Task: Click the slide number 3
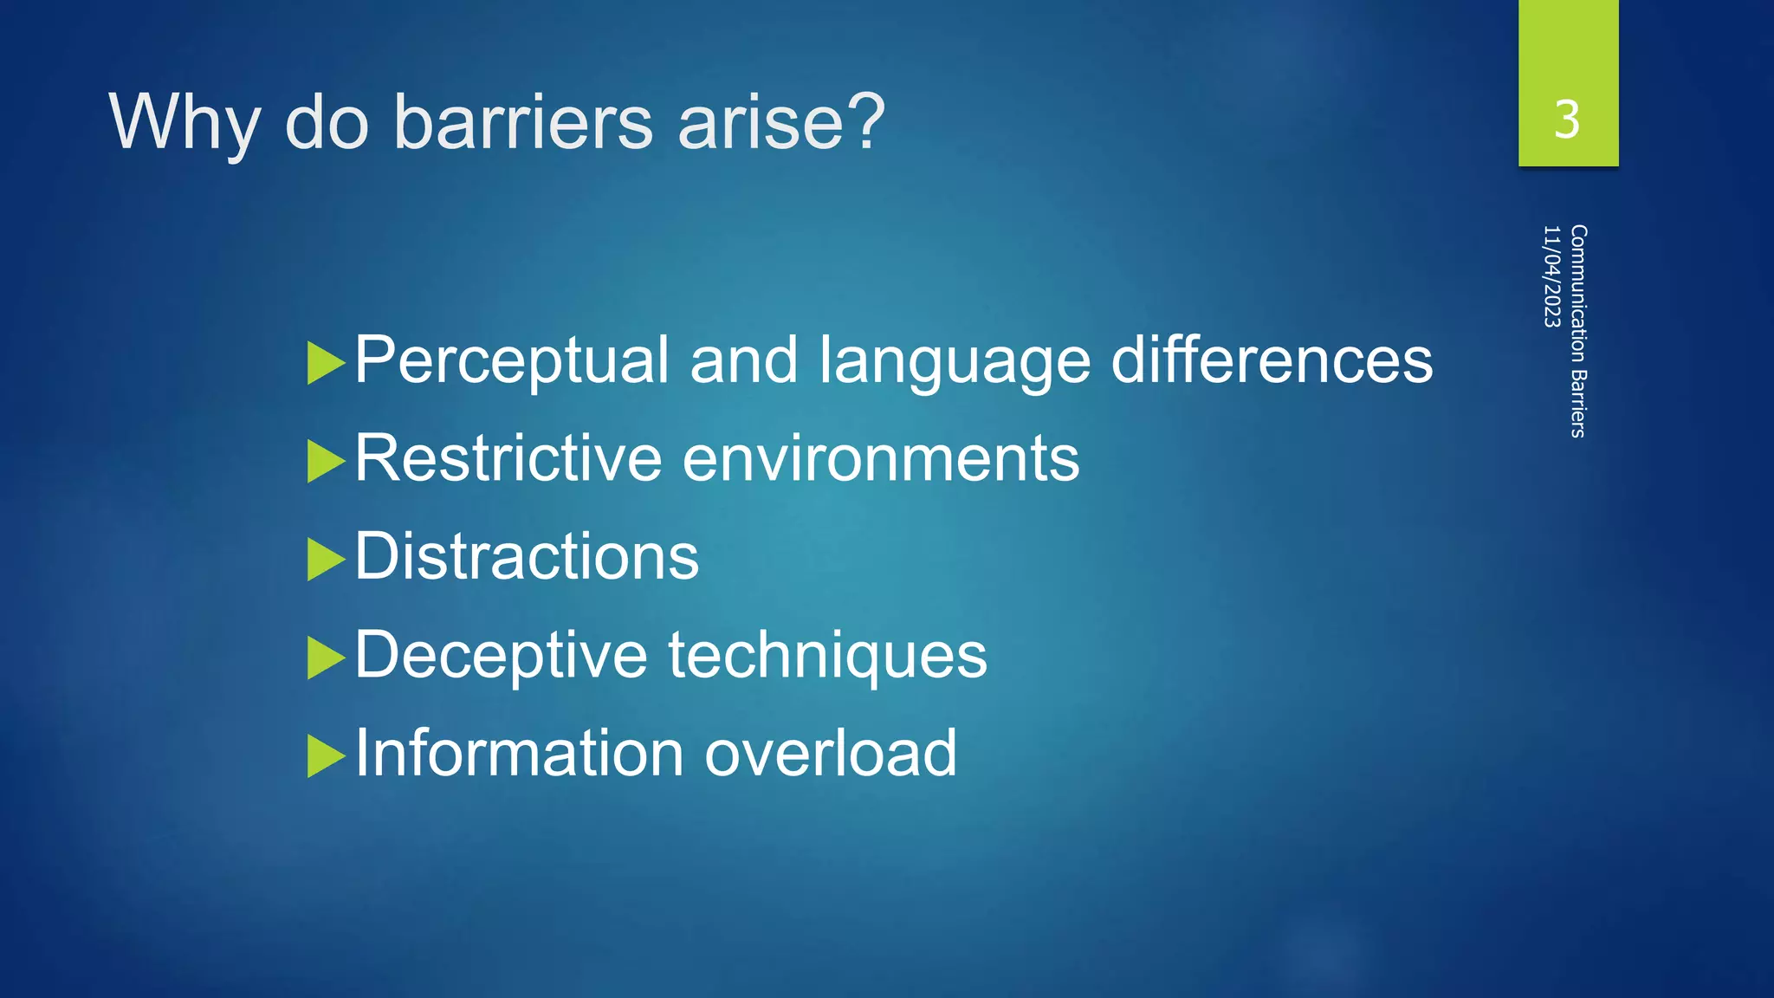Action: pos(1566,120)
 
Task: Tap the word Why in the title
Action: pos(184,124)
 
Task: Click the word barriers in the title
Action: pos(522,122)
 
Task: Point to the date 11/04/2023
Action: pos(1551,276)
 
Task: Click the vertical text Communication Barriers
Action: pos(1578,331)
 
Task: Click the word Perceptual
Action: pos(511,360)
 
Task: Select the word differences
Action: pos(1272,360)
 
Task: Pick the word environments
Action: pos(881,458)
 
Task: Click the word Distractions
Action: pos(527,556)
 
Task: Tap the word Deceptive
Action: pos(501,656)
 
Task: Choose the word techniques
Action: pos(827,656)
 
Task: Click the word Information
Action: pos(519,753)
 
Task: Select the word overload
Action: pos(830,753)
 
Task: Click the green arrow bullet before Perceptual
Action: pos(326,363)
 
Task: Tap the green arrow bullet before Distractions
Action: pos(326,560)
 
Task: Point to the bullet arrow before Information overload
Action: pos(326,756)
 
